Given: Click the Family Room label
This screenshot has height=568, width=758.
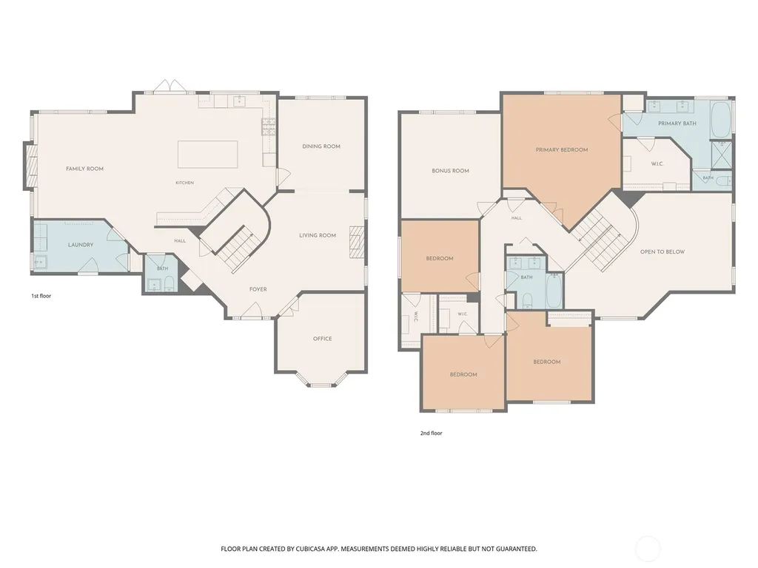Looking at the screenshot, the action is point(84,169).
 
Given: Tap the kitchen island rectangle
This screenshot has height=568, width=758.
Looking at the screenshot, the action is point(208,154).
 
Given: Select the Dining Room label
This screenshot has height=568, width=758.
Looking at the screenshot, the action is point(321,146).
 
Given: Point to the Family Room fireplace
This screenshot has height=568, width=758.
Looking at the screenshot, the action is point(31,166).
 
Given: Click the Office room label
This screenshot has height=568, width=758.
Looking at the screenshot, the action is point(323,339).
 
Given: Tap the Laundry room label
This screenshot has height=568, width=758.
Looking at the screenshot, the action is point(80,245).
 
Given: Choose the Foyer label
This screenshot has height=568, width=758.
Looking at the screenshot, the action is point(258,289).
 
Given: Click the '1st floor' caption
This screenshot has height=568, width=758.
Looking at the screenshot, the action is point(41,296).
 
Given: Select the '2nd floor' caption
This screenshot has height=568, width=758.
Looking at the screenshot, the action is point(432,433).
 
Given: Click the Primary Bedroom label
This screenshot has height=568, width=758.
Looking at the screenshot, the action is point(562,149).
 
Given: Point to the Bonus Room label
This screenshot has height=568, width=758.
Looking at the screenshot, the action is point(451,171).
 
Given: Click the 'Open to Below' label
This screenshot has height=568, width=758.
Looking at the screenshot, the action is point(663,251).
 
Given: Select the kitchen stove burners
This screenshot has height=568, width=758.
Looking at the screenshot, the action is point(269,126).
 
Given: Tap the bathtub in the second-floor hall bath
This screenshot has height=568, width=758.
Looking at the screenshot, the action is point(554,291).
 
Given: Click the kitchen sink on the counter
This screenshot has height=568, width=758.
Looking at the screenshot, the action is point(239,101).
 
